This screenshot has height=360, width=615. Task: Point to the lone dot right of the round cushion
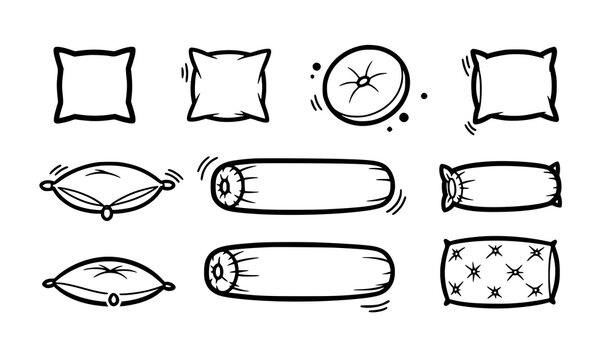click(x=422, y=96)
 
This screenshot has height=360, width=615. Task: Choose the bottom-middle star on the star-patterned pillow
click(x=493, y=293)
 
